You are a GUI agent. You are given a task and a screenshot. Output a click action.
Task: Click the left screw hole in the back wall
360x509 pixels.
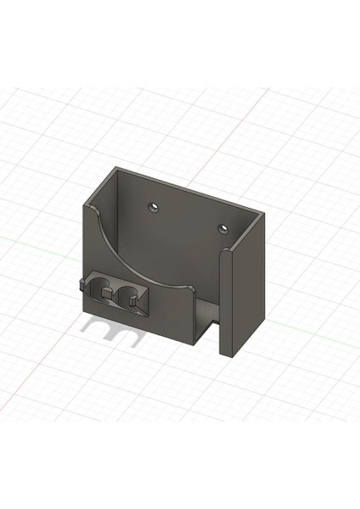[x=154, y=206]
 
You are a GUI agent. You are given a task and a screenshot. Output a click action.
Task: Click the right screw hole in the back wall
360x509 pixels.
[x=222, y=228]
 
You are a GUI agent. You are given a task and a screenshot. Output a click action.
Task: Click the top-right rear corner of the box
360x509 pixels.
[x=262, y=212]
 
